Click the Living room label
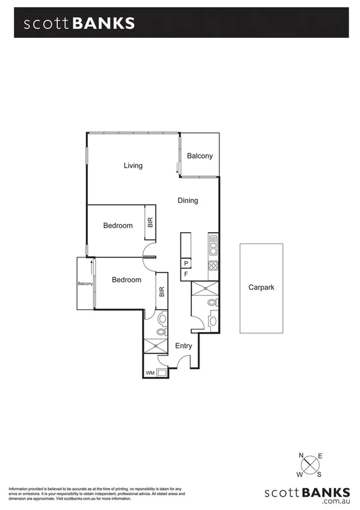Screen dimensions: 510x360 [133, 165]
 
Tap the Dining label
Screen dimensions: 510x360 [188, 201]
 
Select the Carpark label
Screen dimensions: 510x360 [261, 287]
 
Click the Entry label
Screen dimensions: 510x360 [183, 346]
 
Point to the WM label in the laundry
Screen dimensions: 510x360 [150, 373]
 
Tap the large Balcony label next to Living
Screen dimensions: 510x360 [200, 156]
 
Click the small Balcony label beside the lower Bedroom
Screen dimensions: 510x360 [84, 283]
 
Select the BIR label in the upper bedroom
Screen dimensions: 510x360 [150, 223]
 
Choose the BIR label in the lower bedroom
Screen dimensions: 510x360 [162, 292]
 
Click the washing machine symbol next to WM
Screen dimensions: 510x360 [162, 373]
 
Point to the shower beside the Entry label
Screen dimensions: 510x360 [156, 345]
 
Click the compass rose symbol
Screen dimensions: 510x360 [311, 465]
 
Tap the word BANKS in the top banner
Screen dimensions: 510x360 [103, 23]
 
